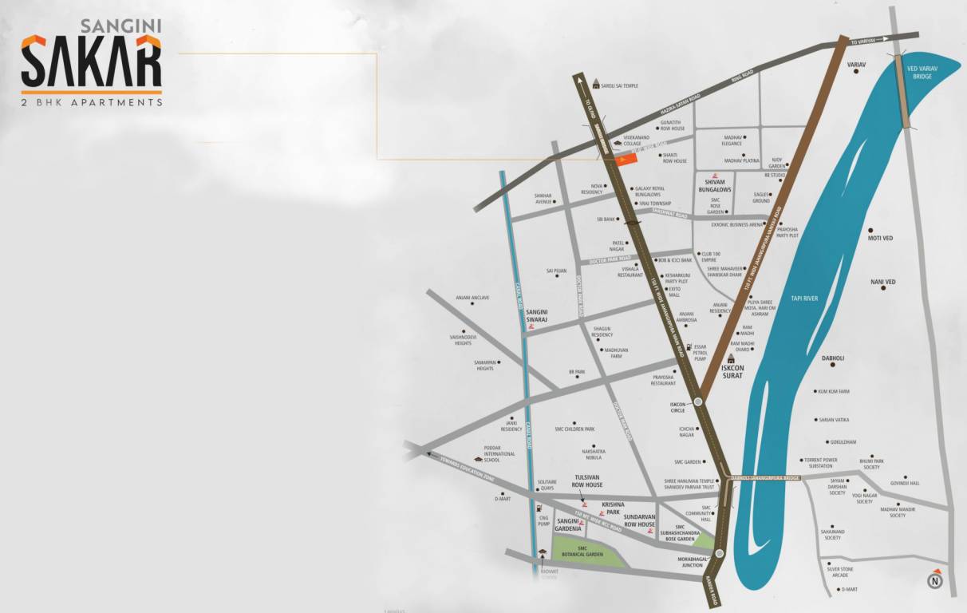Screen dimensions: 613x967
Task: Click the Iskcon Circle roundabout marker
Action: tap(699, 402)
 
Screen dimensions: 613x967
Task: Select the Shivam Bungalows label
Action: tap(713, 185)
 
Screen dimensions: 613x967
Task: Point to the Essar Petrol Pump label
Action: tap(701, 353)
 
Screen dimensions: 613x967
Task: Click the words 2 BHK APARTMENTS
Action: tap(92, 103)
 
